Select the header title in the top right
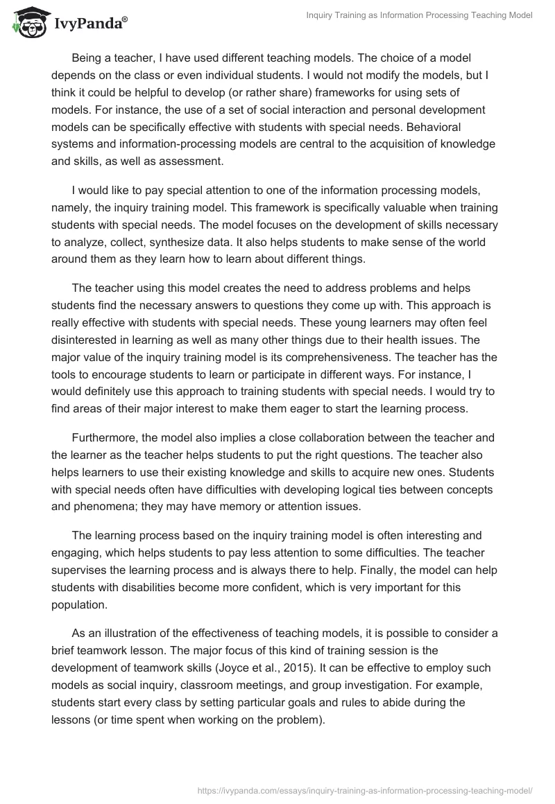[419, 16]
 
